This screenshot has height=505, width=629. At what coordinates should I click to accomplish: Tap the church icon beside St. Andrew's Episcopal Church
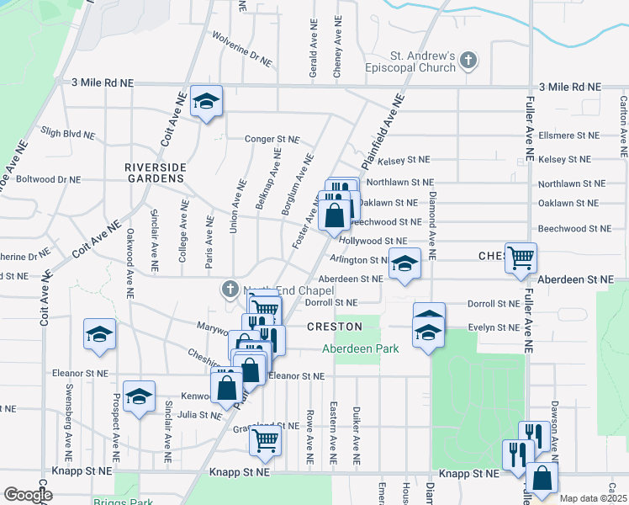[468, 60]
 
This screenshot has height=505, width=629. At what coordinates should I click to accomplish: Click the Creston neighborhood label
[334, 327]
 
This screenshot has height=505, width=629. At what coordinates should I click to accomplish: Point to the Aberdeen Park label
[361, 348]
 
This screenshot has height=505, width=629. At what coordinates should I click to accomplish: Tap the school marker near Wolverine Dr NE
[206, 102]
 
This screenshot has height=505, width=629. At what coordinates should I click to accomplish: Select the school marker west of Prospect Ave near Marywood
[99, 334]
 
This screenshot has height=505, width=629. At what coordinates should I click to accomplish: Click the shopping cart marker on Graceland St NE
[266, 439]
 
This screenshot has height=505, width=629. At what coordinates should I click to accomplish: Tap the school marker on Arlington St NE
[404, 265]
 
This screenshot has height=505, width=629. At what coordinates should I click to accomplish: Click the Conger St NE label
[272, 139]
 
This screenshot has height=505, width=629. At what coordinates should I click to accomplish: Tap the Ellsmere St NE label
[568, 135]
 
